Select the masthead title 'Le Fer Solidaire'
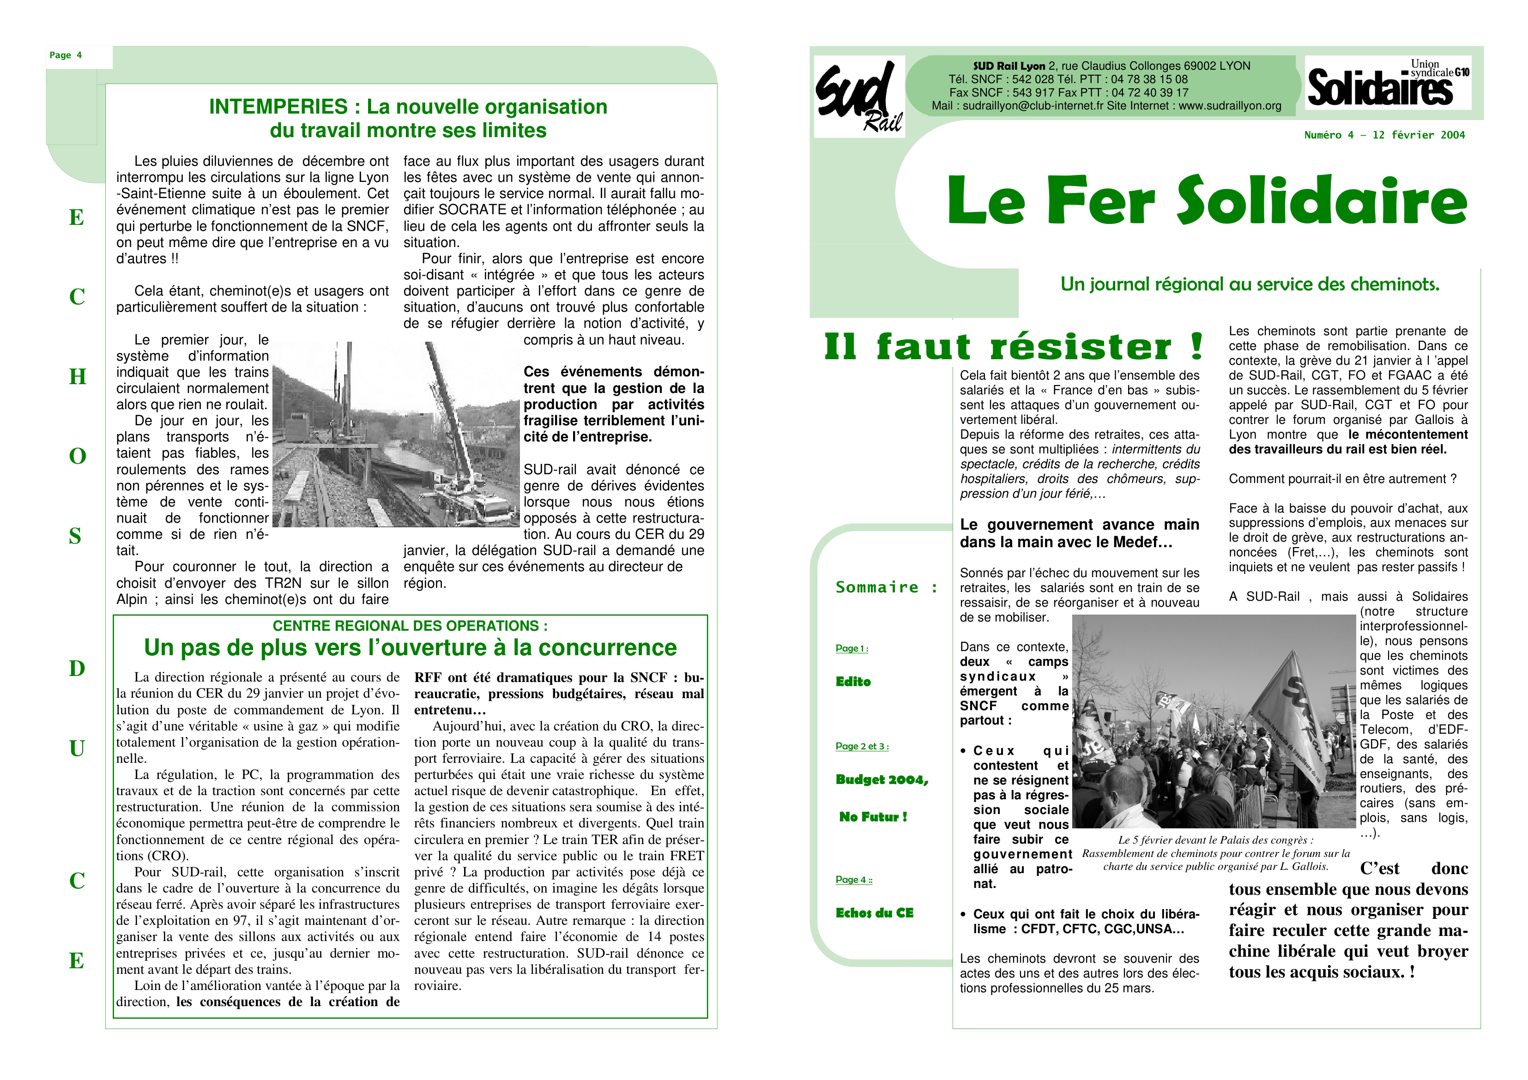click(x=1207, y=200)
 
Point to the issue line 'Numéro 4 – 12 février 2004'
click(x=1384, y=135)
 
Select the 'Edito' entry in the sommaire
click(x=853, y=682)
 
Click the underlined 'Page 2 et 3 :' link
click(x=862, y=746)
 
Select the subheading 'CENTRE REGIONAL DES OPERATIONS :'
click(x=410, y=626)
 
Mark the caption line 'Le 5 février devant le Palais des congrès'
click(x=1215, y=840)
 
